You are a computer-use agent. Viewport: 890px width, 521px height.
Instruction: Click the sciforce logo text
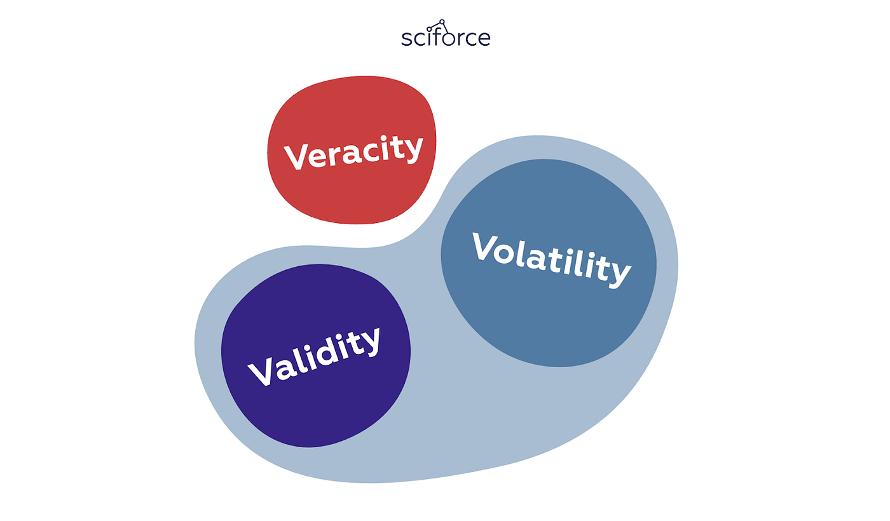446,37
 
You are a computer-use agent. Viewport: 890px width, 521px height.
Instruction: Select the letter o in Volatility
504,254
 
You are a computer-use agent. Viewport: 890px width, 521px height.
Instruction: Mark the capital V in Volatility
484,245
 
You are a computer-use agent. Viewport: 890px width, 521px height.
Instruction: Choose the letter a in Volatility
536,260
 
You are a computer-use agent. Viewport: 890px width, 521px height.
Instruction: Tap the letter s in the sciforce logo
406,39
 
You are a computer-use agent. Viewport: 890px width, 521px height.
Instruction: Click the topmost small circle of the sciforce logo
442,22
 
